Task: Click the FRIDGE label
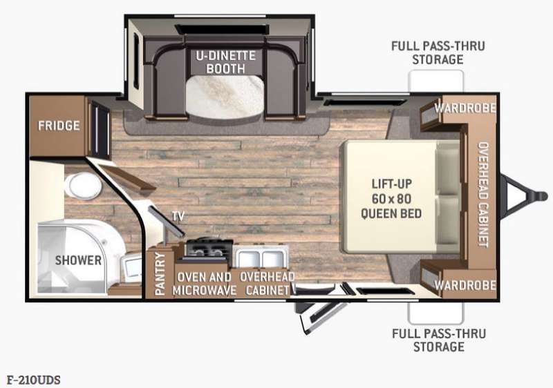[59, 126]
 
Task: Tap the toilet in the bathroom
[83, 185]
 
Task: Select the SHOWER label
[78, 260]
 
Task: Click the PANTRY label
[160, 274]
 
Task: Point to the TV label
[178, 216]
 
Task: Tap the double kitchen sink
[261, 258]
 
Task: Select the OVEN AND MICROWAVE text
[204, 284]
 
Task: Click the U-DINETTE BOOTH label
[226, 62]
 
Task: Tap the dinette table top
[225, 97]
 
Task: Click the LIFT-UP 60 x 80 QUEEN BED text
[391, 199]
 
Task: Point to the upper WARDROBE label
[465, 108]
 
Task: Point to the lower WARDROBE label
[465, 285]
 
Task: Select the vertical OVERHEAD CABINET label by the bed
[482, 195]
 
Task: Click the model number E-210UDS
[33, 380]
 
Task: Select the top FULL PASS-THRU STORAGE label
[438, 52]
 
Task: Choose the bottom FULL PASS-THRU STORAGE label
[439, 340]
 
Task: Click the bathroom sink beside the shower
[131, 269]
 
